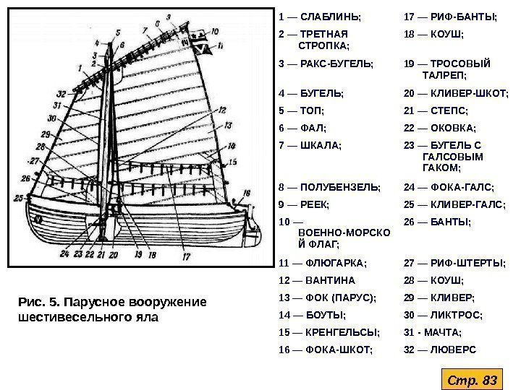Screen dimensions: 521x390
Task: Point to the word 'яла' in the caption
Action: [x=145, y=316]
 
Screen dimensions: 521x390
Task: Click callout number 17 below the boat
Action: [x=186, y=255]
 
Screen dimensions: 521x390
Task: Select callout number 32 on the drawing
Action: [x=60, y=94]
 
